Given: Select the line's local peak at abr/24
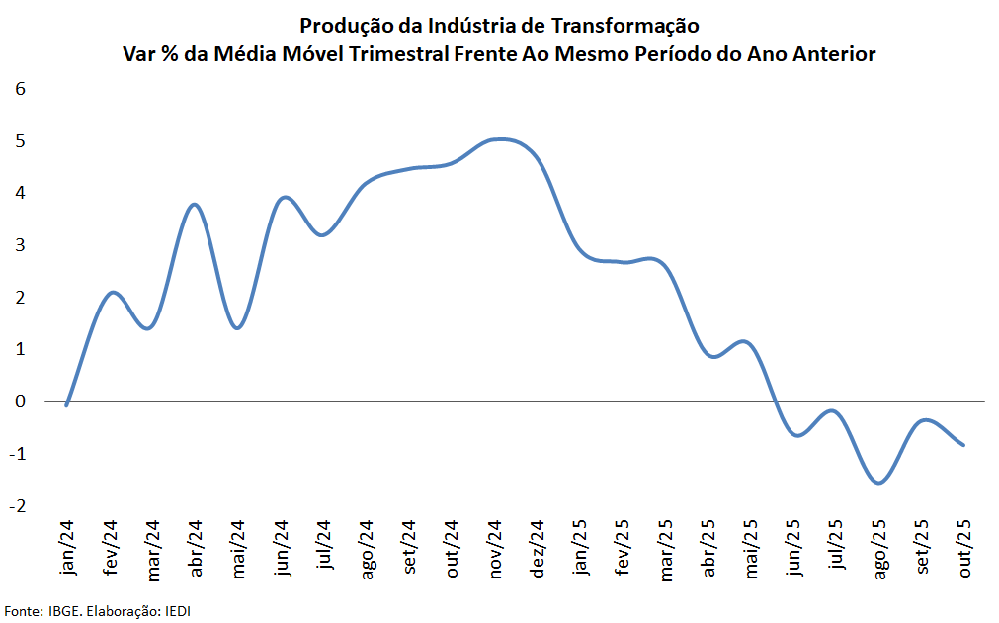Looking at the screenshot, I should [x=195, y=204].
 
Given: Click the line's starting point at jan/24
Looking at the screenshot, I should [x=66, y=404].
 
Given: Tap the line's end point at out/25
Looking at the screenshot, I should [x=963, y=445].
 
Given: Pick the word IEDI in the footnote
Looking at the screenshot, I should [x=176, y=610].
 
